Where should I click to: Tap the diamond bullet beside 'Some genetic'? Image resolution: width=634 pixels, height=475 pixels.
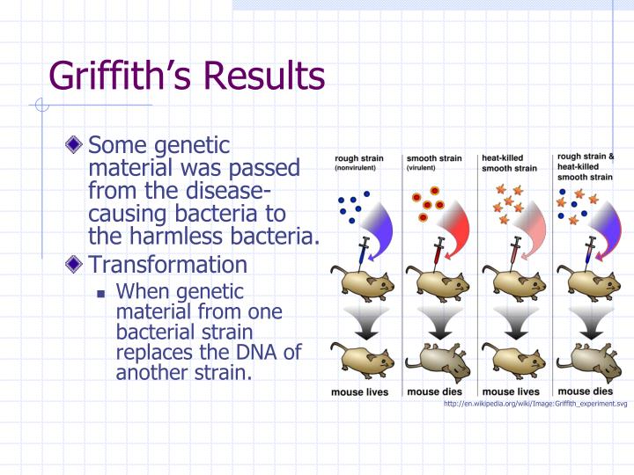(x=74, y=144)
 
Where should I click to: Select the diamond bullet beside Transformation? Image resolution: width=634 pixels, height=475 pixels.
(x=74, y=264)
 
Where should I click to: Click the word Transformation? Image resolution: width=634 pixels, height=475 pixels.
(x=168, y=264)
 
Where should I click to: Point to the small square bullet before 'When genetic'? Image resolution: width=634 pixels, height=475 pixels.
(x=101, y=294)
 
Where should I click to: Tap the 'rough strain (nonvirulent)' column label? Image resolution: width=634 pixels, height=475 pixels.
(x=359, y=163)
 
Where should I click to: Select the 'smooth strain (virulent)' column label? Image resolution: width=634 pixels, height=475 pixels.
(x=434, y=163)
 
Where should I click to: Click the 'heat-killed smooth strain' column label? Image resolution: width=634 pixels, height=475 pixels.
(x=509, y=163)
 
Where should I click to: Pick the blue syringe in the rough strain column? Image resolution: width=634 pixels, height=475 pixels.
(x=363, y=253)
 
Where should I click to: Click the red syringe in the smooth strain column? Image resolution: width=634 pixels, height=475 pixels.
(x=438, y=253)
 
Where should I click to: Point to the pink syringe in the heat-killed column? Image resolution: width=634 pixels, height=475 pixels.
(x=513, y=253)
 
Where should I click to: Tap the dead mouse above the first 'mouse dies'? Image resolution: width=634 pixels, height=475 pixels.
(x=439, y=362)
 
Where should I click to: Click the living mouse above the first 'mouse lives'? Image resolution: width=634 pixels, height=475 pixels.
(x=362, y=361)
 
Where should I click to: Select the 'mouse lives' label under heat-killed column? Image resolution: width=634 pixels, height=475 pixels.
(x=511, y=391)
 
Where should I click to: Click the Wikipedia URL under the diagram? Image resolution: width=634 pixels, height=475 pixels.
(x=535, y=404)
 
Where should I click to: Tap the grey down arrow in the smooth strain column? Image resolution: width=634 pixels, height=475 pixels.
(x=440, y=323)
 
